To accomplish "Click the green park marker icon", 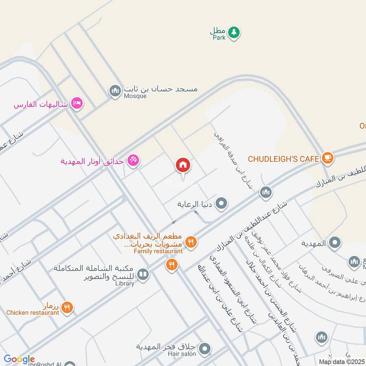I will pos(234,32).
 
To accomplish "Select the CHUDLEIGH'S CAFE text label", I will pos(283,159).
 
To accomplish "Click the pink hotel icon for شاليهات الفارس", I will pos(77,103).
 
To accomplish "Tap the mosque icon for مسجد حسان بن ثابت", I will pos(115,91).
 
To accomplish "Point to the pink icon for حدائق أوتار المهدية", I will pos(133,161).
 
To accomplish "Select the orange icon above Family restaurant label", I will pos(191,241).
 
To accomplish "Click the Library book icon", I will pos(143,274).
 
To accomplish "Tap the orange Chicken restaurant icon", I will pos(67,307).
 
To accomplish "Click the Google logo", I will pos(19,360).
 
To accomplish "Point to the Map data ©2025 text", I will pos(342,361).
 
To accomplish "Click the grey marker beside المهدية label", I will pos(335,243).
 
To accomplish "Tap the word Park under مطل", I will pos(219,38).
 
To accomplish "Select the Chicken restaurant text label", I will pos(32,313).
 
